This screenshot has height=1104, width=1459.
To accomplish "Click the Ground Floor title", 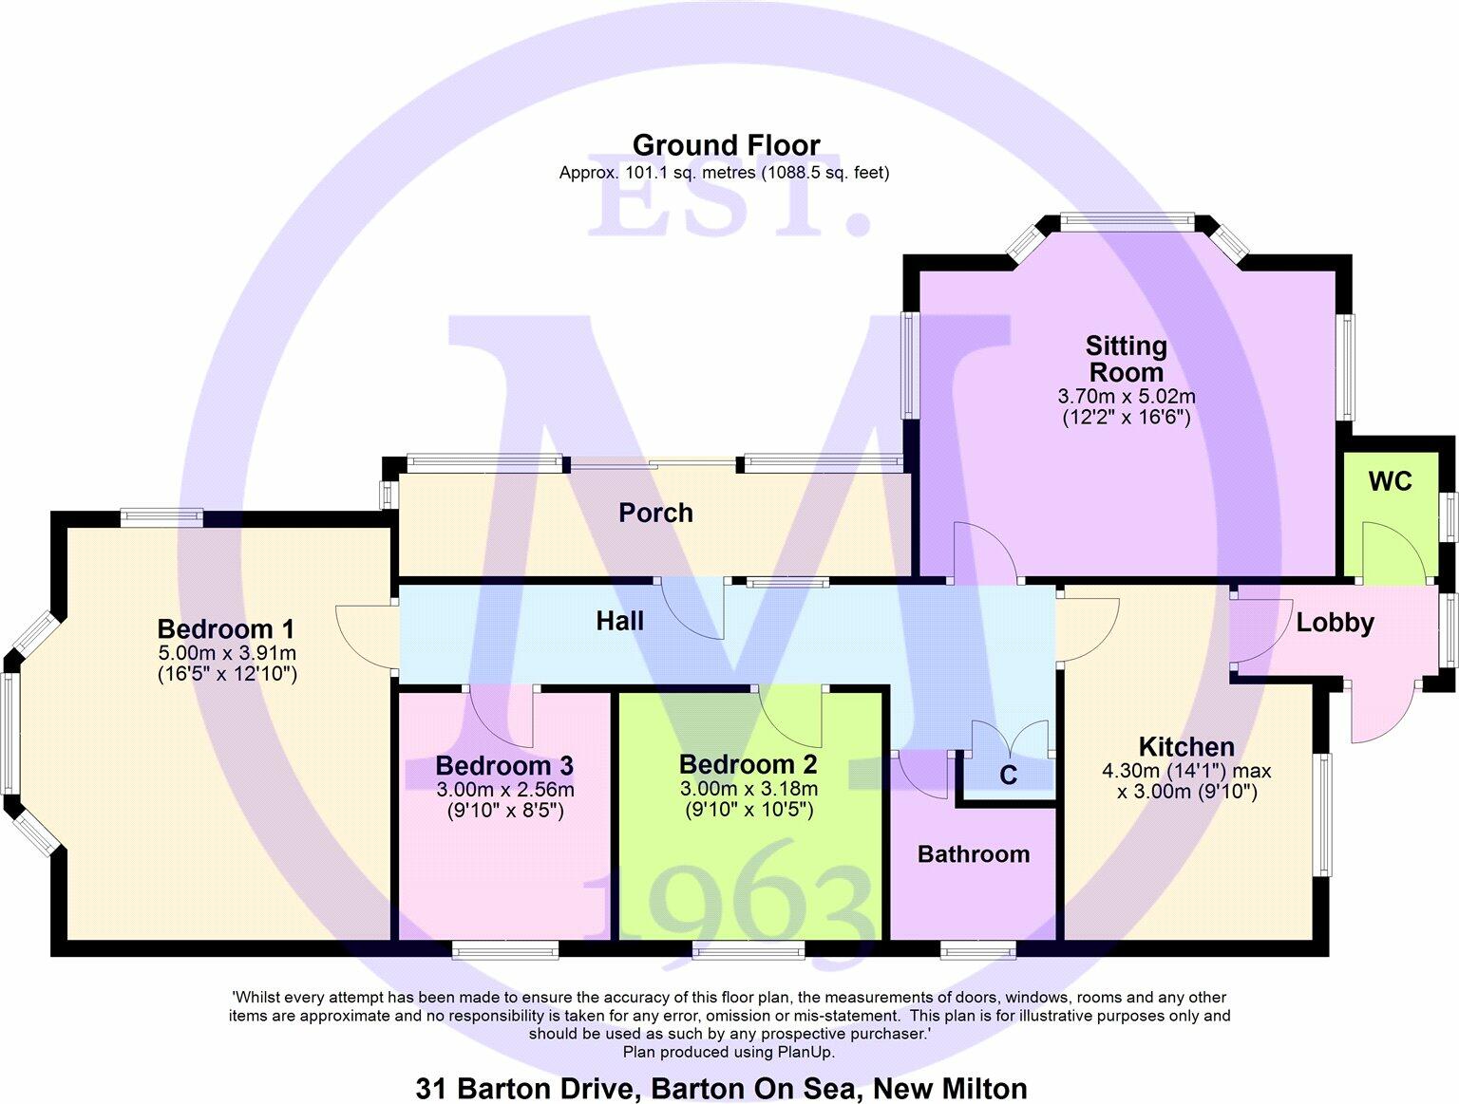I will tap(726, 145).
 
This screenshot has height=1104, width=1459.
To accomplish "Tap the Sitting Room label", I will tap(1127, 359).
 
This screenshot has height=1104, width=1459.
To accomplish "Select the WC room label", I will tap(1390, 481).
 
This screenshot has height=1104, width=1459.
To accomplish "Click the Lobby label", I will tap(1335, 623).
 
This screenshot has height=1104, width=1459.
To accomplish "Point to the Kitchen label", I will tap(1186, 746).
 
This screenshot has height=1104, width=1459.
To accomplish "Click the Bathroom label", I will tap(974, 854).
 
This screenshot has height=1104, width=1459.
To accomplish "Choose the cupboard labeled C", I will tap(1008, 776).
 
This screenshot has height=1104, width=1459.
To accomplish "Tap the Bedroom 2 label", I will tap(748, 764).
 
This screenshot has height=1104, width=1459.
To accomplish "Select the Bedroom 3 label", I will tap(504, 765).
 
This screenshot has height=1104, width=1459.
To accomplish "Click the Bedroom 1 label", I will tap(226, 628).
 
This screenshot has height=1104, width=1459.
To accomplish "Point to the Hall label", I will tap(619, 621).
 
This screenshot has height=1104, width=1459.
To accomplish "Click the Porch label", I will tap(655, 513).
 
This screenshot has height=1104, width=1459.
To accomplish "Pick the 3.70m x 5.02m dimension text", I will tap(1127, 396).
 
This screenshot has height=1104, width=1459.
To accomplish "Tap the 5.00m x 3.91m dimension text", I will tap(227, 653).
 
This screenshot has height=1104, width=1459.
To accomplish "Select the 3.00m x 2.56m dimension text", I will tap(505, 790).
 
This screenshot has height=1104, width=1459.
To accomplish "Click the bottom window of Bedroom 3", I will tap(505, 949).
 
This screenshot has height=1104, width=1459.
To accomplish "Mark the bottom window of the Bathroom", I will tap(978, 949).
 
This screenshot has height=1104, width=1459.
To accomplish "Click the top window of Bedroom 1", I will tap(161, 517).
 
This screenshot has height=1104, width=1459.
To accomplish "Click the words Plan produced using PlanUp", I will tap(729, 1052).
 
